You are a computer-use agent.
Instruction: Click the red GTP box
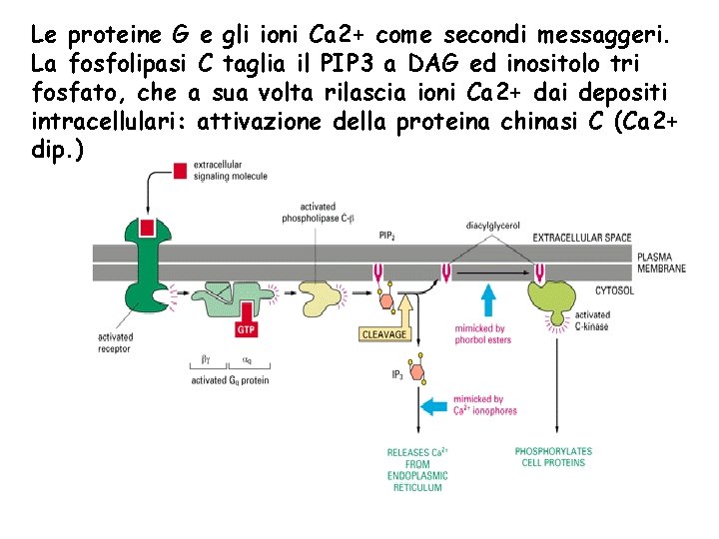coord(248,329)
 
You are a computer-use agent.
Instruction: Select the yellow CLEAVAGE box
coord(384,334)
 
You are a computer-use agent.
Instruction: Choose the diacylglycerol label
coord(492,226)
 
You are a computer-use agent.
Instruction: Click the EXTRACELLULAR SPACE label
coord(582,238)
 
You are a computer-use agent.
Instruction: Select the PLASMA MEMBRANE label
coord(661,263)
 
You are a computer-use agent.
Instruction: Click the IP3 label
coord(396,374)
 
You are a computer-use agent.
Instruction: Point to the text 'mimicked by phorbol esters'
coord(482,334)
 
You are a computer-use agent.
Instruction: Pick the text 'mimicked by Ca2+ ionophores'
coord(484,405)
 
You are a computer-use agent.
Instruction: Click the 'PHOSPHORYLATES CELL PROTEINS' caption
coord(553,456)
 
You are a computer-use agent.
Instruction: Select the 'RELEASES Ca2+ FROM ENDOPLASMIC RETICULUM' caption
coord(417,469)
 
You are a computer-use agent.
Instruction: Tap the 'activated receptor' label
coord(116,342)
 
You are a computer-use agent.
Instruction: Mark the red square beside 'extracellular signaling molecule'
coord(180,170)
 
